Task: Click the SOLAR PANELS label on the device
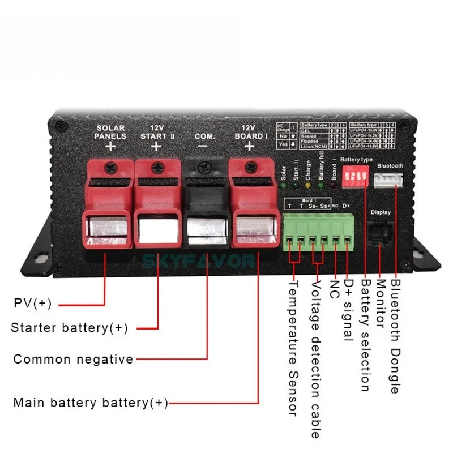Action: (x=110, y=132)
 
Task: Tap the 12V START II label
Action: (x=156, y=132)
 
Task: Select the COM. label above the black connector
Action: (x=203, y=136)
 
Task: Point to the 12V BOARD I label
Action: (x=249, y=132)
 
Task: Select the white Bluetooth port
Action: (x=390, y=180)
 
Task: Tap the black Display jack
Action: (x=380, y=231)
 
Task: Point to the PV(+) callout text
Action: (x=33, y=304)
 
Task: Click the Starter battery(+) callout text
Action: (x=70, y=328)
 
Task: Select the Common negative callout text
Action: (x=73, y=359)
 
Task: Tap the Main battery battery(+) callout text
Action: (x=91, y=403)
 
